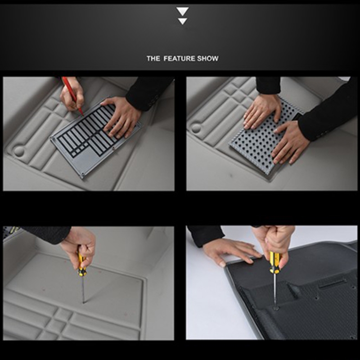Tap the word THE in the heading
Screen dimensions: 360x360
pyautogui.click(x=153, y=58)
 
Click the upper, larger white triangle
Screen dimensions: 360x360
pyautogui.click(x=183, y=11)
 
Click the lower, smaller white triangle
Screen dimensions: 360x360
pyautogui.click(x=183, y=21)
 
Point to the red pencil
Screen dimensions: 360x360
pyautogui.click(x=72, y=96)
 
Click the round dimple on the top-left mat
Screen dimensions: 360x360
pyautogui.click(x=19, y=150)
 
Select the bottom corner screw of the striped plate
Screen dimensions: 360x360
pyautogui.click(x=83, y=176)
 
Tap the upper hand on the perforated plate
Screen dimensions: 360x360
pyautogui.click(x=262, y=111)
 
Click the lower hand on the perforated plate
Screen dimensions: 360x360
pyautogui.click(x=290, y=142)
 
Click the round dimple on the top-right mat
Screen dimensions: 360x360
pyautogui.click(x=196, y=128)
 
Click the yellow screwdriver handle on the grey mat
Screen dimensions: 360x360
pyautogui.click(x=81, y=264)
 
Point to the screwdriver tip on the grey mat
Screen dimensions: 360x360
pyautogui.click(x=84, y=302)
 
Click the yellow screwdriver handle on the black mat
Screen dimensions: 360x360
pyautogui.click(x=274, y=262)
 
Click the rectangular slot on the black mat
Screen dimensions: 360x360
pyautogui.click(x=333, y=284)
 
